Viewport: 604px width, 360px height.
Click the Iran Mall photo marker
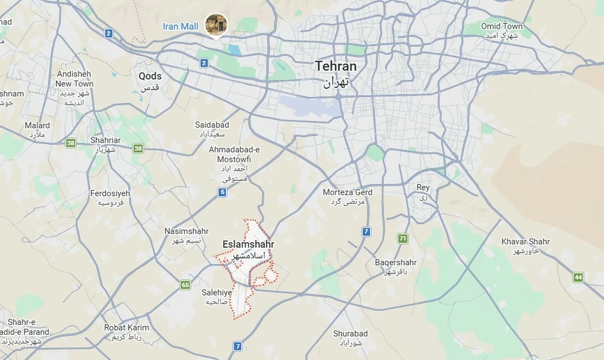coord(216,24)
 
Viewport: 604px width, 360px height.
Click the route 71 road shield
coord(403,239)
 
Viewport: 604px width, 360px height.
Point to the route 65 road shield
coord(185,285)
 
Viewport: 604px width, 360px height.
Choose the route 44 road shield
coord(578,277)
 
